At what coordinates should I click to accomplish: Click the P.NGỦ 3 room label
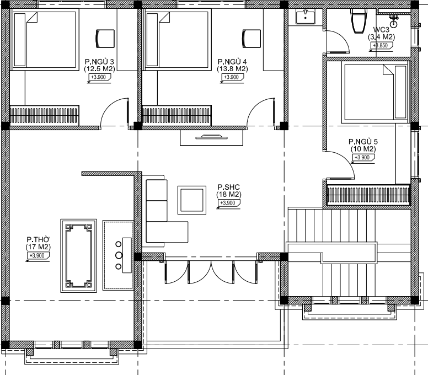99,62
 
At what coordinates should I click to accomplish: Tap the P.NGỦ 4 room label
232,62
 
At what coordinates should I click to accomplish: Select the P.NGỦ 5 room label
363,142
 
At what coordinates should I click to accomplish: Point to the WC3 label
381,30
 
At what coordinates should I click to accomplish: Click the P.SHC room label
229,187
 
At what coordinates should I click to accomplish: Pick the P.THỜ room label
38,240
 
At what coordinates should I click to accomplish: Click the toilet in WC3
359,20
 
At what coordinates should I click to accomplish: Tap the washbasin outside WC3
306,17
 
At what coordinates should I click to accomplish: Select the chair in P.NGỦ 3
105,39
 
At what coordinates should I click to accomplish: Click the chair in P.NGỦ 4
252,39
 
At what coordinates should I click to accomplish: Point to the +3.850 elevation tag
381,46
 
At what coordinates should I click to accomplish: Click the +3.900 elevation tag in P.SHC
228,203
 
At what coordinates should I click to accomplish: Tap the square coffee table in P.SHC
192,200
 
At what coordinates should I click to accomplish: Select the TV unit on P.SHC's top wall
212,137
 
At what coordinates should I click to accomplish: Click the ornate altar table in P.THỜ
79,256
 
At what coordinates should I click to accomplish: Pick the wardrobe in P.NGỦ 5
368,195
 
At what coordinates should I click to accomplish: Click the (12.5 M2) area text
99,69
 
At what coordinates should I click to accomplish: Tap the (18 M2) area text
229,195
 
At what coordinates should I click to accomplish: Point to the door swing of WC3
338,41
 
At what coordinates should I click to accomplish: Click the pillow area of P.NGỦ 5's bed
401,92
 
